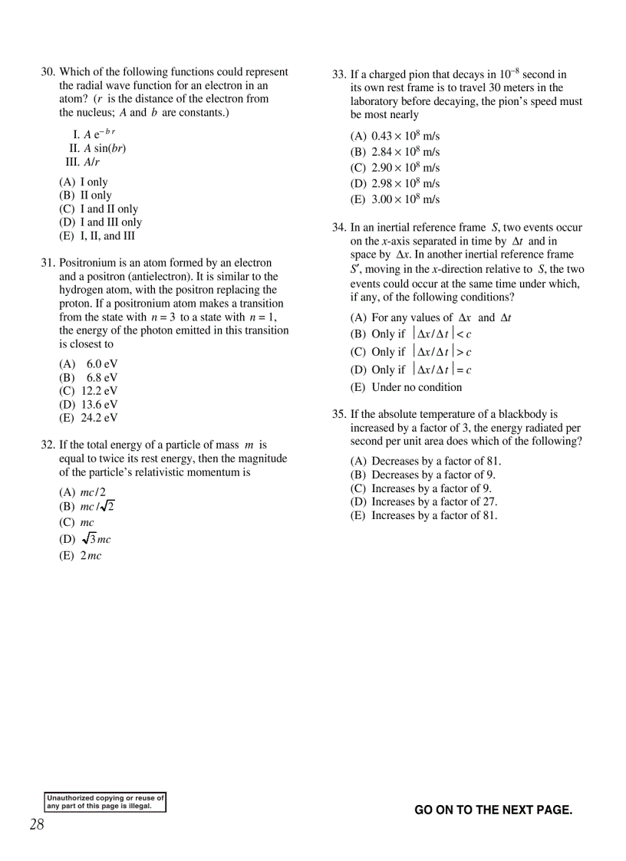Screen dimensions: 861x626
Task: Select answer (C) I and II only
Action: click(99, 209)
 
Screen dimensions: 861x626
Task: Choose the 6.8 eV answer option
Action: click(89, 378)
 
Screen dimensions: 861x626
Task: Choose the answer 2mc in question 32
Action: click(81, 556)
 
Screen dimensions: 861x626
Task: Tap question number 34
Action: click(339, 228)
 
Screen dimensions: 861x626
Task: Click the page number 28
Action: click(37, 825)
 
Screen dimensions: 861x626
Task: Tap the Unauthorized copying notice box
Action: click(105, 802)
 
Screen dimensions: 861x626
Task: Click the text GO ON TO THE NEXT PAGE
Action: click(493, 810)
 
